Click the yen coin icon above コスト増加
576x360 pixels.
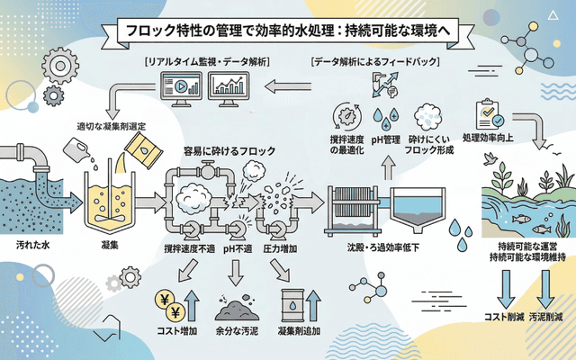(168, 302)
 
